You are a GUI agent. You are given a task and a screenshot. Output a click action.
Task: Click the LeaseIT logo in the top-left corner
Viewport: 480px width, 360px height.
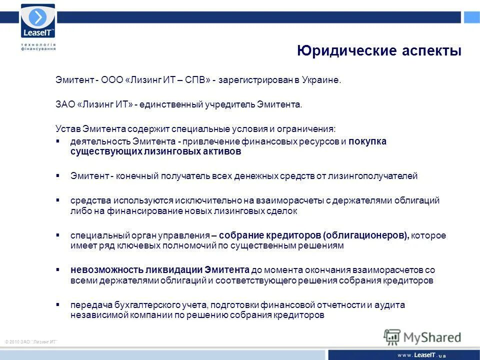37,22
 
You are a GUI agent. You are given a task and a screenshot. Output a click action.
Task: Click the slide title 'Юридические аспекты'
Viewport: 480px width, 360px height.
379,51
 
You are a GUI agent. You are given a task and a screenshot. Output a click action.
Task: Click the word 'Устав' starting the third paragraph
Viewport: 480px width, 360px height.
65,128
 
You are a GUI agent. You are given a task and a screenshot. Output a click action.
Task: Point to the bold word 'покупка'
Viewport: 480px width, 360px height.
367,141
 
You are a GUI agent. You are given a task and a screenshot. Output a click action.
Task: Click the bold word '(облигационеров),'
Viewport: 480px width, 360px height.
366,235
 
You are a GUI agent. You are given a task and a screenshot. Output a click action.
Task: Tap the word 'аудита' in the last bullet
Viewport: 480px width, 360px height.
392,304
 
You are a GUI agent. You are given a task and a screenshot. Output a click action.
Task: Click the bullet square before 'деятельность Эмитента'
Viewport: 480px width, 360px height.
58,141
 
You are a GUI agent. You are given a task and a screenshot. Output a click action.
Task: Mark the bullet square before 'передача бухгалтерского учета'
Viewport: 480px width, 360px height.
58,304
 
